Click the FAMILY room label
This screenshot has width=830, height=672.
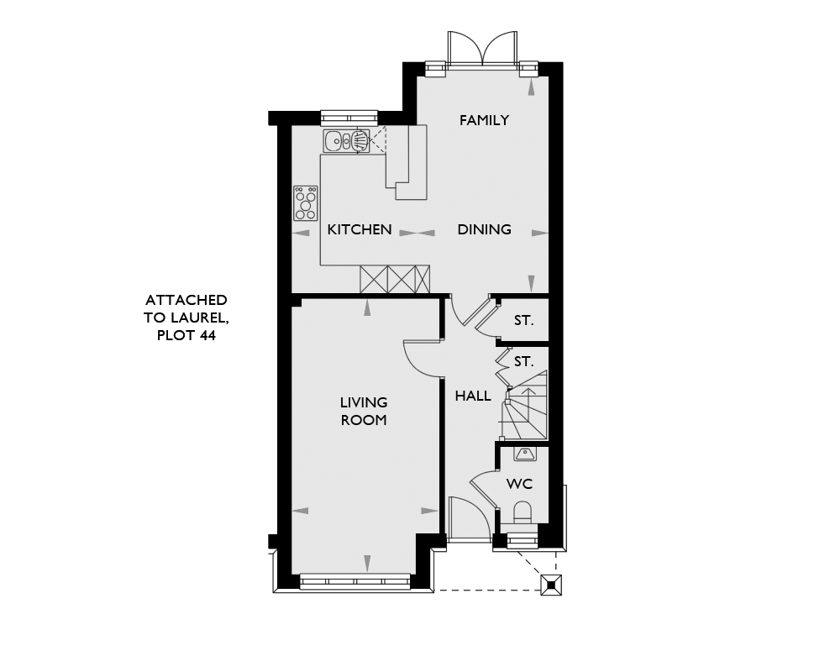(x=484, y=121)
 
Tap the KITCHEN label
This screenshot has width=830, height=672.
(x=360, y=229)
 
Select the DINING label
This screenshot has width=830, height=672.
(x=485, y=229)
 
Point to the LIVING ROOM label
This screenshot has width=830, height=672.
(x=364, y=411)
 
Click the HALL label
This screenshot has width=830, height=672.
(x=473, y=396)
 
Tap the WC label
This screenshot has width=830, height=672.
(x=519, y=484)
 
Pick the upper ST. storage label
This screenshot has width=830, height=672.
(x=523, y=321)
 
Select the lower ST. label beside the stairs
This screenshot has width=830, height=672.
(x=523, y=362)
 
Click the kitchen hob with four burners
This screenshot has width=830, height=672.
(x=306, y=203)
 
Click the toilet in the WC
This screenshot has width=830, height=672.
(x=523, y=512)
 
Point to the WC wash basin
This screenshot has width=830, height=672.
(x=524, y=453)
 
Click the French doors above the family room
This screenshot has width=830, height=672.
(x=482, y=50)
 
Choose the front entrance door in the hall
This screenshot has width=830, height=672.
(x=469, y=518)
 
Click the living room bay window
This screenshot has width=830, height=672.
(x=355, y=581)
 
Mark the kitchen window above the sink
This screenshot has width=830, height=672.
(x=349, y=118)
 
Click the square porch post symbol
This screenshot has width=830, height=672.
(x=551, y=585)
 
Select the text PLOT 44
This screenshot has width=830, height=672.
(x=186, y=335)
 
